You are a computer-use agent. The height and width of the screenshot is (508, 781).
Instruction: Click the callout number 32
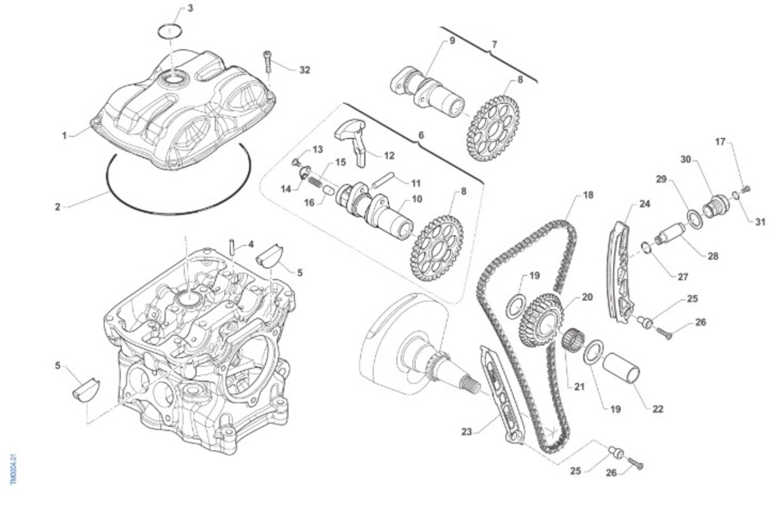point(305,70)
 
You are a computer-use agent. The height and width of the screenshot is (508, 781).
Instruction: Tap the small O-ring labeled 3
point(170,31)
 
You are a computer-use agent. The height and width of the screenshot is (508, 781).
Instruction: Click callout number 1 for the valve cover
point(64,135)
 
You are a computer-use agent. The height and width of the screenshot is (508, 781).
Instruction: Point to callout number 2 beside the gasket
point(57,207)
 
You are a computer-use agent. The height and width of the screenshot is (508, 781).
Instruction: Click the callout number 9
point(452,41)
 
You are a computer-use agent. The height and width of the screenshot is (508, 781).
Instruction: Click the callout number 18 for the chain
point(588,195)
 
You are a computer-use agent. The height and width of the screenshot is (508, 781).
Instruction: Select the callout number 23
point(466,431)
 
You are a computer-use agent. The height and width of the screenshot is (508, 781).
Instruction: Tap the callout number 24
point(644,204)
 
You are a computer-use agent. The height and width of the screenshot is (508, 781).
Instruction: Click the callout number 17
point(720,141)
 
